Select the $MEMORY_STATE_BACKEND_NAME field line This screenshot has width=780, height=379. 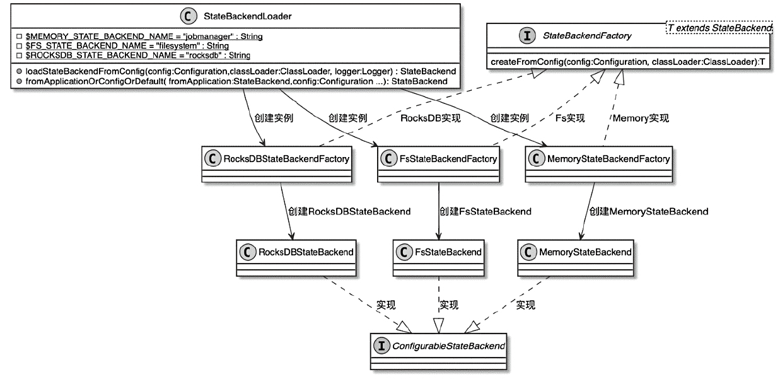point(144,37)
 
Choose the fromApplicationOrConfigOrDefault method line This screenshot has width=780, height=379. point(236,81)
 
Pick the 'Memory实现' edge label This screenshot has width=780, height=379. point(641,118)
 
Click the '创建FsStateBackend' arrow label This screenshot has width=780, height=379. point(485,211)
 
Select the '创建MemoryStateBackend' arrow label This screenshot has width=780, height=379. point(648,211)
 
